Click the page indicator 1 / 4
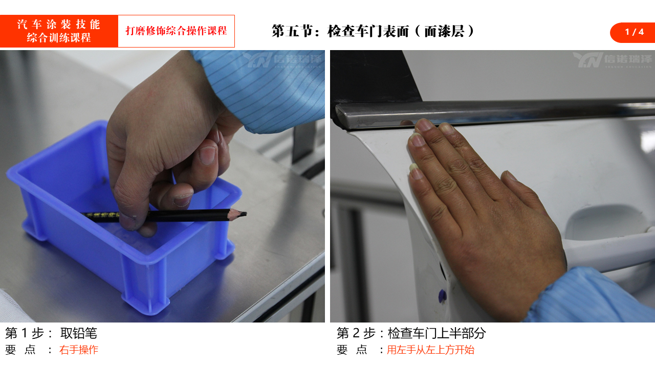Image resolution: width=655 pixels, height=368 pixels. coord(634,32)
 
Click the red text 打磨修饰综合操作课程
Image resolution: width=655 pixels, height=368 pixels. coord(177,31)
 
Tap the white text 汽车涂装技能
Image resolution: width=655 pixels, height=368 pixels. coord(59,24)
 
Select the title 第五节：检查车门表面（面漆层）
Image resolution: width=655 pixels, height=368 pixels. coord(373,31)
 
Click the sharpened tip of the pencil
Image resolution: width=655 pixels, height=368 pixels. coord(245,214)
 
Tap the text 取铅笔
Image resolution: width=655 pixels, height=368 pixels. coord(79,333)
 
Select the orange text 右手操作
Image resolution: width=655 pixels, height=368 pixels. coord(79,350)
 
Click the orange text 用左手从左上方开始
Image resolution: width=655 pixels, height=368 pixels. coord(430,350)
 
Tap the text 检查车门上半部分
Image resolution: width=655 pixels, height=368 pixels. coord(437,333)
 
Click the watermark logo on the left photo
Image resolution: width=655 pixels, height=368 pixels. coord(282,60)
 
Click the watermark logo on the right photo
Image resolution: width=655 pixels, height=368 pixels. coord(613,60)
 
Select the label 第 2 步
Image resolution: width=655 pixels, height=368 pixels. coord(356,333)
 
